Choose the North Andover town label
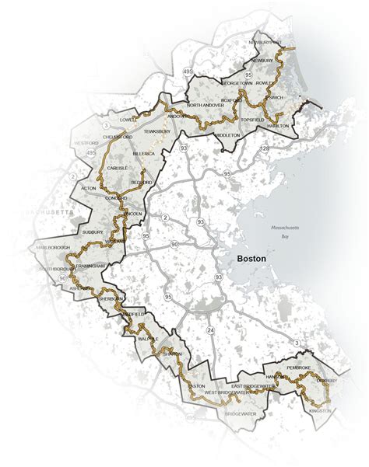pos(206,105)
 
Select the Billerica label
pos(144,155)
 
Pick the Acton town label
pos(88,188)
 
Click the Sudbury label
pos(93,232)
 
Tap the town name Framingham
pos(86,266)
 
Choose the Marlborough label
pos(51,248)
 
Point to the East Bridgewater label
pos(250,386)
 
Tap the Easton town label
pos(195,386)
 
